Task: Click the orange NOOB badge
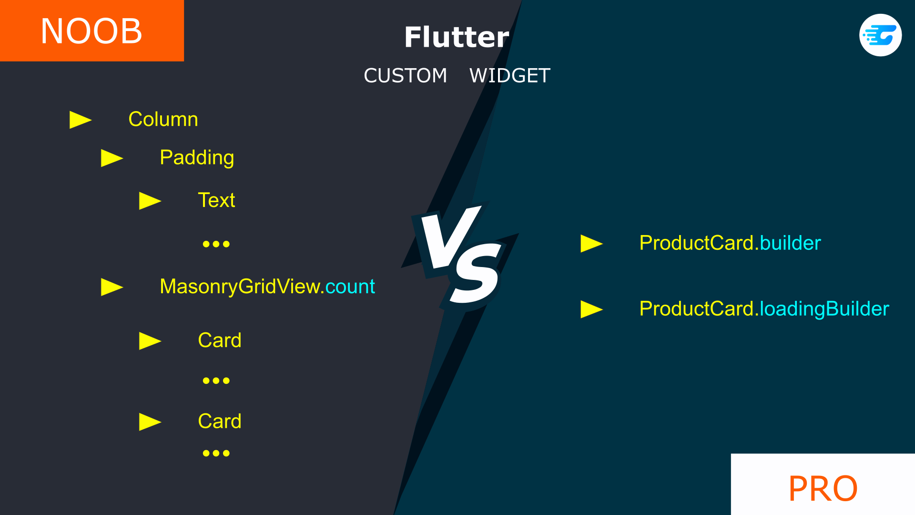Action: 92,31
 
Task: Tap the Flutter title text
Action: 457,37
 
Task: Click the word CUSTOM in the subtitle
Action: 405,75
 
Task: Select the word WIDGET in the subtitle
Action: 510,75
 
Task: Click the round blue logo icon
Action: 880,35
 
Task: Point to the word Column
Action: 163,119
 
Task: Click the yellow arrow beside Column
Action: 81,120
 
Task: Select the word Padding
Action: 197,158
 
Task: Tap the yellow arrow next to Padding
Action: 112,158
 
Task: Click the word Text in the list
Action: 216,200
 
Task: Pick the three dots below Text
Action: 216,244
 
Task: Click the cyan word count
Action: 350,287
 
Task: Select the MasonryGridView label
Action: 242,287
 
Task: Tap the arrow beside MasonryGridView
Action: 112,287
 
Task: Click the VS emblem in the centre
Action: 460,256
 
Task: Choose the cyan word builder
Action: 791,243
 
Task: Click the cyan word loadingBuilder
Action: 824,309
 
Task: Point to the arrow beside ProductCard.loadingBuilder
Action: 592,309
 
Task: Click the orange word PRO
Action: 823,488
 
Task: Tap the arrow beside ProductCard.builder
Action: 592,244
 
